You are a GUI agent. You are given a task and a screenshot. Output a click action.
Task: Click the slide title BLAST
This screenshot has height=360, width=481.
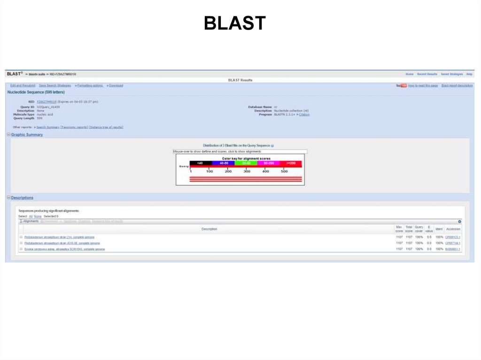click(235, 23)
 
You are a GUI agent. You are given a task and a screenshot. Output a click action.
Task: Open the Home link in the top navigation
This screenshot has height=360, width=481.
click(410, 74)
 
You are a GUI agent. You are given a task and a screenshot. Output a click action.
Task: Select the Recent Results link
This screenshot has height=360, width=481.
click(427, 74)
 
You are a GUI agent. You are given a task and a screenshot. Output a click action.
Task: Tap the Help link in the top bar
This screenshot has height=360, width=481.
click(469, 74)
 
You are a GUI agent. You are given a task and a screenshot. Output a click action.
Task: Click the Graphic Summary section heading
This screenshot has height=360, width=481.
click(27, 135)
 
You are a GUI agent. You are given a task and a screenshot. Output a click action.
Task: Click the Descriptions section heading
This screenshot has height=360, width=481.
click(22, 198)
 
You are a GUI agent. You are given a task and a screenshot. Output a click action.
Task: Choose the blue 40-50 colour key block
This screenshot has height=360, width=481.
click(223, 163)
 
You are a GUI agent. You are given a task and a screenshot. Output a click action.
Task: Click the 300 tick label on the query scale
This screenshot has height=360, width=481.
click(247, 172)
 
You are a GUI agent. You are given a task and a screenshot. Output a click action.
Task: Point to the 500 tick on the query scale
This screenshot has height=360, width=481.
click(284, 172)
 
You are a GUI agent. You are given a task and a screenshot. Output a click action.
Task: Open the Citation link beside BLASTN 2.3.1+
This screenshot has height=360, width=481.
click(304, 115)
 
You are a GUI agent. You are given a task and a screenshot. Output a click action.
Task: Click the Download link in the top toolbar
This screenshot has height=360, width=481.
click(116, 85)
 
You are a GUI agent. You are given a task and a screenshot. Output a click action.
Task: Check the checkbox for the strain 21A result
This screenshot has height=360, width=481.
click(21, 237)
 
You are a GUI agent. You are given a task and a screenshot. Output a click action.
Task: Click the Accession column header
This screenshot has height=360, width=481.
click(453, 229)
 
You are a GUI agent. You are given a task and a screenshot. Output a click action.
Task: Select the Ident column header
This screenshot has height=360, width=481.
click(439, 229)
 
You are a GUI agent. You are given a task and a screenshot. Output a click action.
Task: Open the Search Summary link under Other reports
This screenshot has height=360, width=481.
click(47, 127)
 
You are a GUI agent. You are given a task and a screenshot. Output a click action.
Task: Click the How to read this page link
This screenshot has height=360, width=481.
click(423, 85)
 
